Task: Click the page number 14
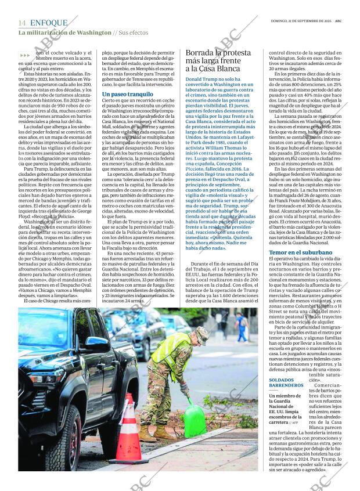pyautogui.click(x=21, y=23)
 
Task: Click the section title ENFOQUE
pyautogui.click(x=49, y=23)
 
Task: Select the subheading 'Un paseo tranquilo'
pyautogui.click(x=128, y=93)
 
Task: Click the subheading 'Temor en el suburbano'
pyautogui.click(x=300, y=252)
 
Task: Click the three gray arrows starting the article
pyautogui.click(x=25, y=55)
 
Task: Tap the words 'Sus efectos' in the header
pyautogui.click(x=133, y=33)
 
